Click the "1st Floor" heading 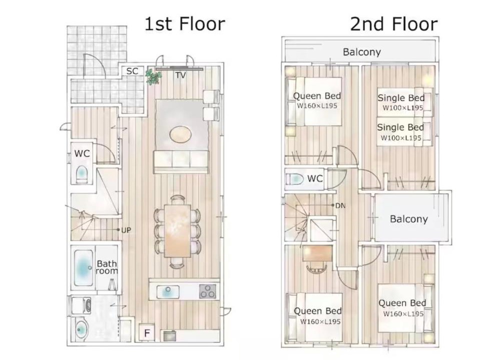point(185,24)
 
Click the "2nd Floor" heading point(394,24)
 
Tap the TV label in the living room point(181,75)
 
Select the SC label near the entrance point(132,71)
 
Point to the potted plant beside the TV point(153,76)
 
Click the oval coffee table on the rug point(181,134)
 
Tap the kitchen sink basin point(168,292)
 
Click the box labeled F point(147,333)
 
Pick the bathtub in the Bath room point(84,267)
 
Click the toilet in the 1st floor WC point(82,174)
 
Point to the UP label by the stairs point(126,230)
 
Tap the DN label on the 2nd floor point(340,205)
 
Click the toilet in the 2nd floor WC point(294,179)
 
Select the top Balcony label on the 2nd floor point(362,52)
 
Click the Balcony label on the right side point(409,219)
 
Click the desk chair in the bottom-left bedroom point(316,267)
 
